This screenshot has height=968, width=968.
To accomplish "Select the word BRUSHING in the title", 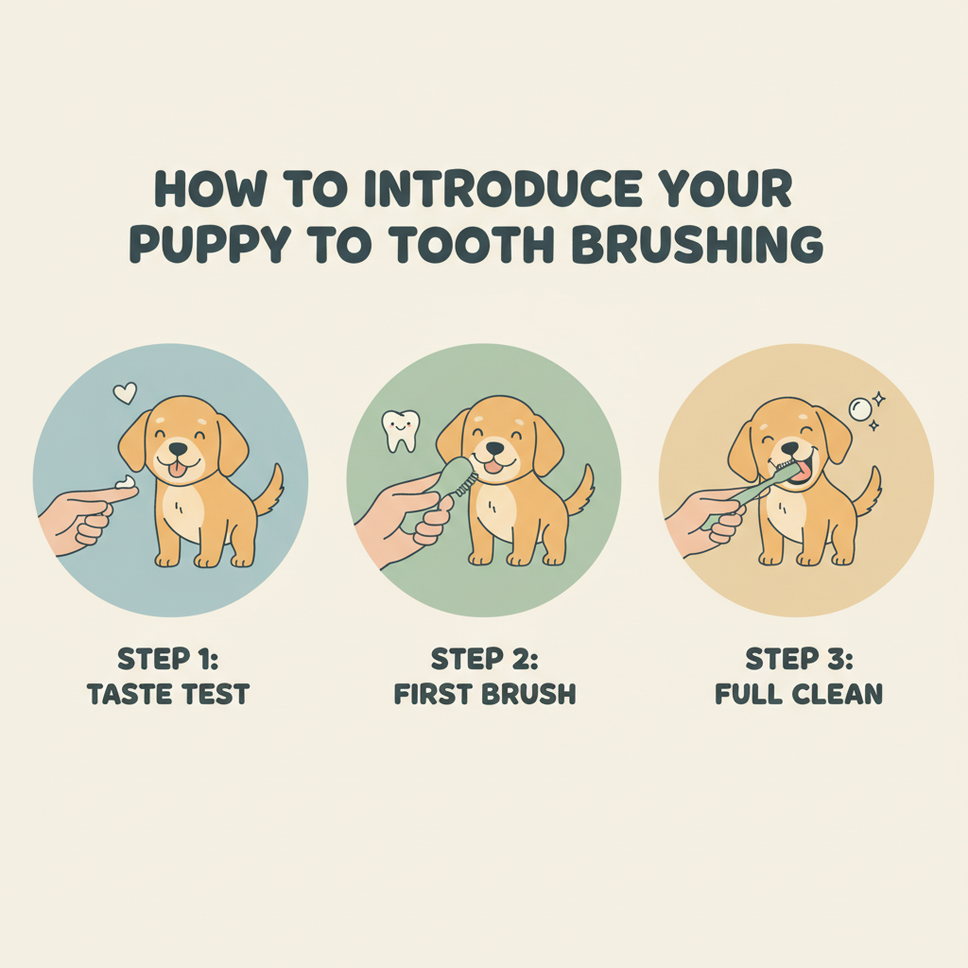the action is (698, 245).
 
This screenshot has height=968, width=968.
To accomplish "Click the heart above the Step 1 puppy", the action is (125, 393).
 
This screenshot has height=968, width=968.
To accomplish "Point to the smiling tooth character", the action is (401, 430).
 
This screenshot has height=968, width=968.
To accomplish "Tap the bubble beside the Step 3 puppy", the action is (860, 408).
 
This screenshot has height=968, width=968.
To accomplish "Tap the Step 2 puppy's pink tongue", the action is (493, 467).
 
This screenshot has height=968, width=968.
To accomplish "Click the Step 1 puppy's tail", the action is (269, 491).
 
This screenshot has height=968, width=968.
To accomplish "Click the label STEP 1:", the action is (168, 659).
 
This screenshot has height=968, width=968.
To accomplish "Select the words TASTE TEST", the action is (168, 695).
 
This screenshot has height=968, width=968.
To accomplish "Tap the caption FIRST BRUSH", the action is (485, 695).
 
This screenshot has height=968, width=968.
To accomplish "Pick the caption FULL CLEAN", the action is (799, 695).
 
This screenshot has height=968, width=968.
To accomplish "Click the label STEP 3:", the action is (799, 659).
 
